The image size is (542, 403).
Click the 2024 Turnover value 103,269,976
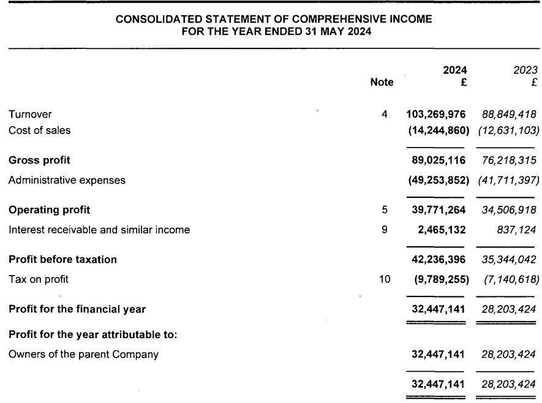click(435, 114)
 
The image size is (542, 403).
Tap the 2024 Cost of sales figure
click(438, 130)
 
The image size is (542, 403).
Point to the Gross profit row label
click(39, 160)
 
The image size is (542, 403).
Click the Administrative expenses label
click(67, 180)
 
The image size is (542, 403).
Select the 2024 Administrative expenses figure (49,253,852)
click(438, 180)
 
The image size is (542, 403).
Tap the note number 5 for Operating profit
click(385, 209)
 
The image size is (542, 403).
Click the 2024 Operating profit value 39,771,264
click(439, 209)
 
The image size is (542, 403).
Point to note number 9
click(385, 230)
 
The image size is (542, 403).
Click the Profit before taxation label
click(62, 259)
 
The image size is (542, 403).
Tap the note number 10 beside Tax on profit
click(384, 279)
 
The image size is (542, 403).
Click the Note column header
click(382, 82)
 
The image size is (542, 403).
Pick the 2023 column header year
click(525, 70)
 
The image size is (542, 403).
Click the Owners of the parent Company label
click(83, 354)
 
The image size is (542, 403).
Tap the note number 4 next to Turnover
click(385, 114)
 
